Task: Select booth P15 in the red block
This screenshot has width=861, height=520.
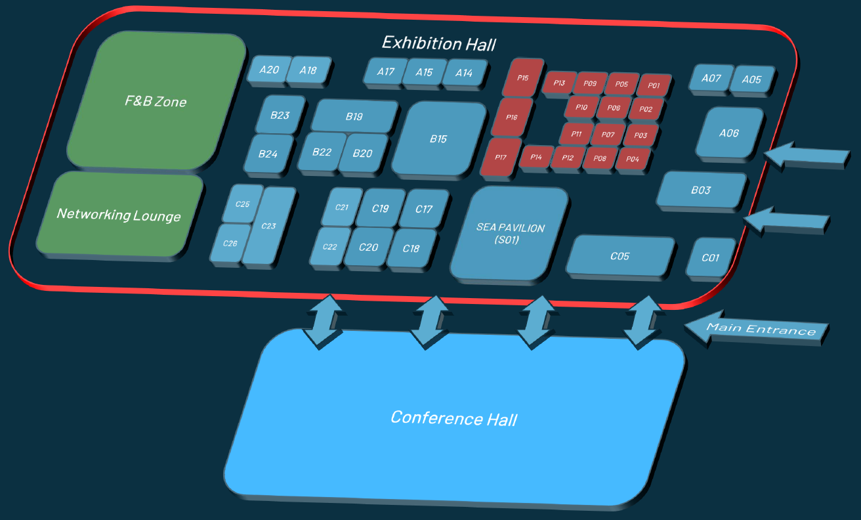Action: click(x=523, y=77)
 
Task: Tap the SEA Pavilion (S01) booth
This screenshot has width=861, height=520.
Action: click(x=510, y=234)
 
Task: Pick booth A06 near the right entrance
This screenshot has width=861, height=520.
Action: click(x=730, y=133)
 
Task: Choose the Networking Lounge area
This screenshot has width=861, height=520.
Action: click(x=119, y=215)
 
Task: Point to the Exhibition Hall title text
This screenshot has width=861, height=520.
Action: click(x=439, y=43)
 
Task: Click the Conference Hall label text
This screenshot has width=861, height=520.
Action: click(x=454, y=418)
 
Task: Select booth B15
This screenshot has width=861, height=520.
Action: click(x=439, y=139)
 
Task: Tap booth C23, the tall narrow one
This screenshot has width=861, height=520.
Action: click(x=269, y=226)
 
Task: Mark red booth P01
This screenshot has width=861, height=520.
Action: click(x=654, y=85)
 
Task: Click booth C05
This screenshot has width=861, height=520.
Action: click(x=619, y=256)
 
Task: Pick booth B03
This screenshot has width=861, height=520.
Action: click(x=701, y=190)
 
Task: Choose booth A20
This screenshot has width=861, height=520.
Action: click(x=269, y=70)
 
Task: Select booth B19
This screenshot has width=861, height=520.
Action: click(x=354, y=116)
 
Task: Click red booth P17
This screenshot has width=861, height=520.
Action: click(x=501, y=158)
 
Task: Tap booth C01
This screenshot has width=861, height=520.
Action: click(x=710, y=257)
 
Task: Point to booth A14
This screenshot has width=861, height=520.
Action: click(x=464, y=73)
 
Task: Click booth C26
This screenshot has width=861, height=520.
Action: click(x=230, y=244)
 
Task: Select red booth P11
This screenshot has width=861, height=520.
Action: click(x=576, y=134)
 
